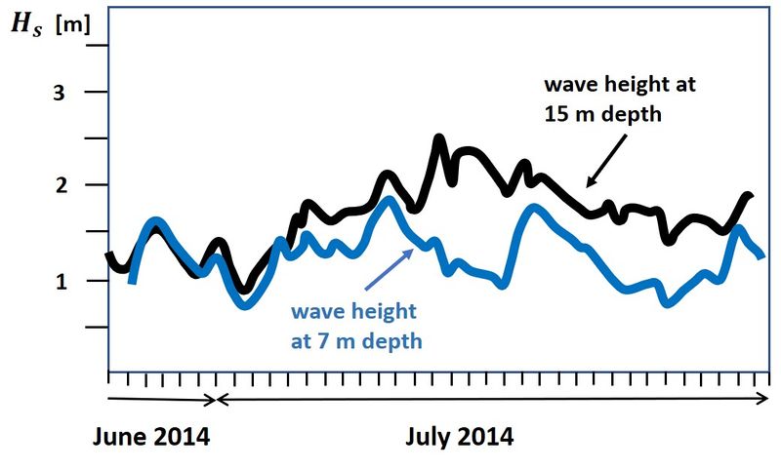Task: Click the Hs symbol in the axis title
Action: point(26,25)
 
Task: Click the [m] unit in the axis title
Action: point(73,25)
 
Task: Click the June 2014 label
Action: point(151,436)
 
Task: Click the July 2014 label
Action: point(459,436)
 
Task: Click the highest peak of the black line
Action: point(438,138)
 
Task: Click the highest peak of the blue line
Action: point(389,200)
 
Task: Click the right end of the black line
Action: point(750,196)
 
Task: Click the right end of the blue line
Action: point(761,255)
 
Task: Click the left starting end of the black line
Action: point(108,255)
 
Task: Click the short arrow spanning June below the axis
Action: point(161,399)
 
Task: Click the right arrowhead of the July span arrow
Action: point(766,399)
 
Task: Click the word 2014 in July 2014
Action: point(484,436)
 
